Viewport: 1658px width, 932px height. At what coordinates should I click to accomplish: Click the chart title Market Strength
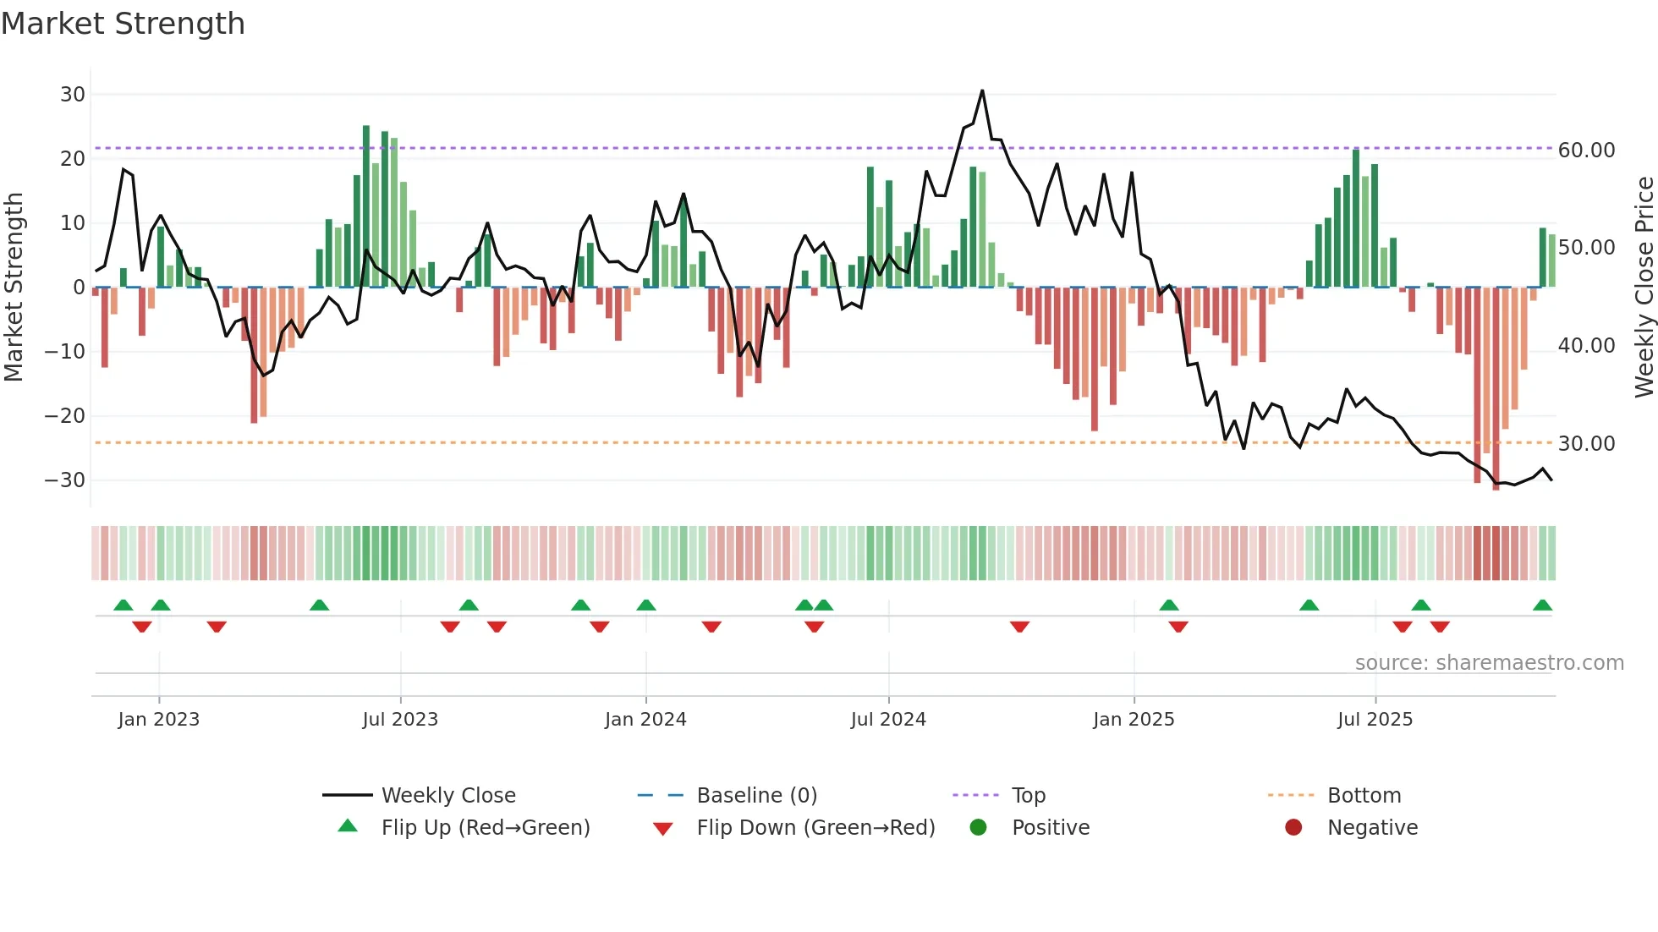click(x=123, y=24)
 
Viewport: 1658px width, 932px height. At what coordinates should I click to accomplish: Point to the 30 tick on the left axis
click(x=73, y=95)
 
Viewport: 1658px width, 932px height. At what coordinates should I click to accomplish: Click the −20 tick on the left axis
click(x=65, y=416)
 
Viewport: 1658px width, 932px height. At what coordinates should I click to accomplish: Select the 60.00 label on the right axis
click(x=1586, y=151)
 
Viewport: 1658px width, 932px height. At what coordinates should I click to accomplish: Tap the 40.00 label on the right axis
click(x=1586, y=346)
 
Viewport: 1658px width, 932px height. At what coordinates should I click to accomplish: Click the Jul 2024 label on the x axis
click(x=888, y=720)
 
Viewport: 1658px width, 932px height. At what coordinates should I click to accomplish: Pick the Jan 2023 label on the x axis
click(x=159, y=720)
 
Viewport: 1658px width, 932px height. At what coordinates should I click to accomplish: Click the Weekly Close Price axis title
click(x=1644, y=287)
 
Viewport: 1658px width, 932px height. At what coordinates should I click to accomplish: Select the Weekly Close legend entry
click(x=448, y=796)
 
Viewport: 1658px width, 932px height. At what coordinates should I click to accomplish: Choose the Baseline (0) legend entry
click(x=756, y=796)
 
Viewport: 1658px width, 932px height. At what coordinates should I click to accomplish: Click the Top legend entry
click(x=1029, y=796)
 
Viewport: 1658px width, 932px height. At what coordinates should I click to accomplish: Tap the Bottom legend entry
click(x=1364, y=796)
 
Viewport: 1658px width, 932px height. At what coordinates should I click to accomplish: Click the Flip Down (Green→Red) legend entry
click(x=815, y=828)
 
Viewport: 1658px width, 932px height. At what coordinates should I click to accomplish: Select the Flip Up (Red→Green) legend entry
click(x=486, y=828)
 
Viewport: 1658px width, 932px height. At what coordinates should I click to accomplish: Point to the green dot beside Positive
click(x=979, y=827)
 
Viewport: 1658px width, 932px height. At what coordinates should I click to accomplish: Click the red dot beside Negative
click(x=1293, y=827)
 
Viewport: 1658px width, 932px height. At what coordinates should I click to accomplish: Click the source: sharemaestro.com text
click(x=1489, y=663)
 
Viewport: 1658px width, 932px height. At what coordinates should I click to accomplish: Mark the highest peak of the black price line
click(x=982, y=90)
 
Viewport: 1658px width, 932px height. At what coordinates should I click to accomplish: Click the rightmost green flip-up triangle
click(x=1542, y=606)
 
